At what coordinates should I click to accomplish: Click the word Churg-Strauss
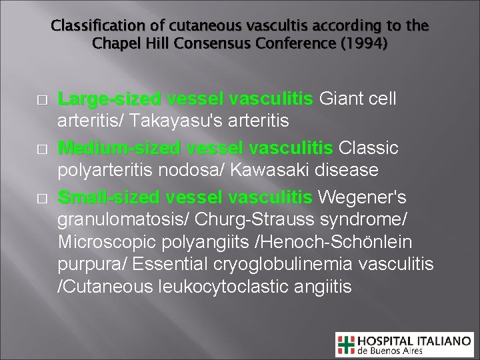pos(242,219)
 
